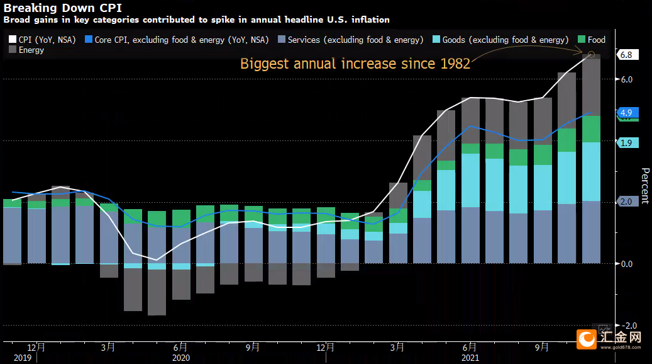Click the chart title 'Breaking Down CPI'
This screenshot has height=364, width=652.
click(63, 8)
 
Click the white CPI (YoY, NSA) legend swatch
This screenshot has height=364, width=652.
click(13, 39)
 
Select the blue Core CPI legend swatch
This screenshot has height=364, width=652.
click(89, 39)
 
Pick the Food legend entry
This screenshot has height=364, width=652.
click(592, 40)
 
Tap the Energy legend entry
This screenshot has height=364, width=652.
click(26, 50)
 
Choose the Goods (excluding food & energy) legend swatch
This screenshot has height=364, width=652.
click(436, 39)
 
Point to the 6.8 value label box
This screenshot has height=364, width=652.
click(627, 55)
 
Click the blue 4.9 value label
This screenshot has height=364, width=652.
click(627, 113)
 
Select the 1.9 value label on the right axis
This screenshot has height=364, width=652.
click(627, 143)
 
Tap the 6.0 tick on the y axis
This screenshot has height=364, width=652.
click(627, 79)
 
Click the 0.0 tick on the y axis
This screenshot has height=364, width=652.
click(627, 264)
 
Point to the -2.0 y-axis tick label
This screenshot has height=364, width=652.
click(631, 325)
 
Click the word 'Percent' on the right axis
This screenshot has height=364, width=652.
click(645, 186)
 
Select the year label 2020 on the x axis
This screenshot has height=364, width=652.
click(181, 358)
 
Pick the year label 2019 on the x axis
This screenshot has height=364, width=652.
click(23, 358)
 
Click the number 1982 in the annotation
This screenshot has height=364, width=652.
click(455, 64)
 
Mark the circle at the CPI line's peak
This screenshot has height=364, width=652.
click(591, 55)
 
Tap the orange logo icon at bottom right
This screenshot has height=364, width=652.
click(587, 339)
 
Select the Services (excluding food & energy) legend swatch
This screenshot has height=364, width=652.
click(282, 39)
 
